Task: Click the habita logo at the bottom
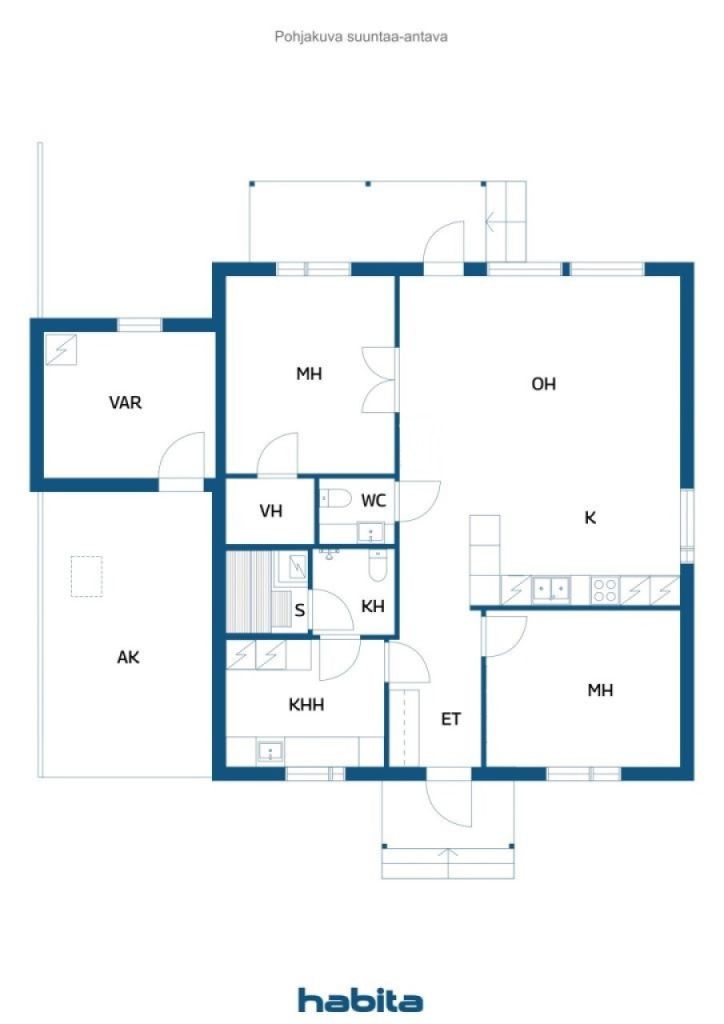coord(360,999)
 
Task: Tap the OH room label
coord(543,384)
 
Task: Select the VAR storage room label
coord(125,403)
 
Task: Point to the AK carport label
coord(128,657)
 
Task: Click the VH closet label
coord(270,511)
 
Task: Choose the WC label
coord(374,500)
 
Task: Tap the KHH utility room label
coord(306,704)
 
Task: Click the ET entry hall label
coord(451,718)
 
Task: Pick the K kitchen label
coord(590,517)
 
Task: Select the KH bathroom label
coord(373,605)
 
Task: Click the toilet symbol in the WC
coord(335,497)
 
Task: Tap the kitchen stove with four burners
coord(605,590)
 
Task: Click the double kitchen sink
coord(551,590)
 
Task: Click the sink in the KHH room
coord(269,751)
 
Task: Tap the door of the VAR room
coord(183,458)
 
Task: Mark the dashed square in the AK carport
coord(87,576)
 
